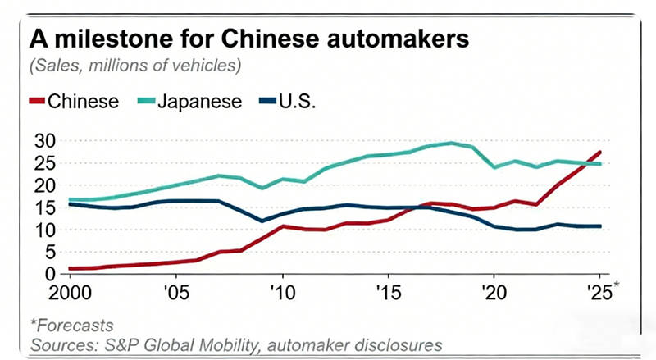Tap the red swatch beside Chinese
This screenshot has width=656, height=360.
click(36, 102)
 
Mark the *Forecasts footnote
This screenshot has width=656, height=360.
click(72, 326)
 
